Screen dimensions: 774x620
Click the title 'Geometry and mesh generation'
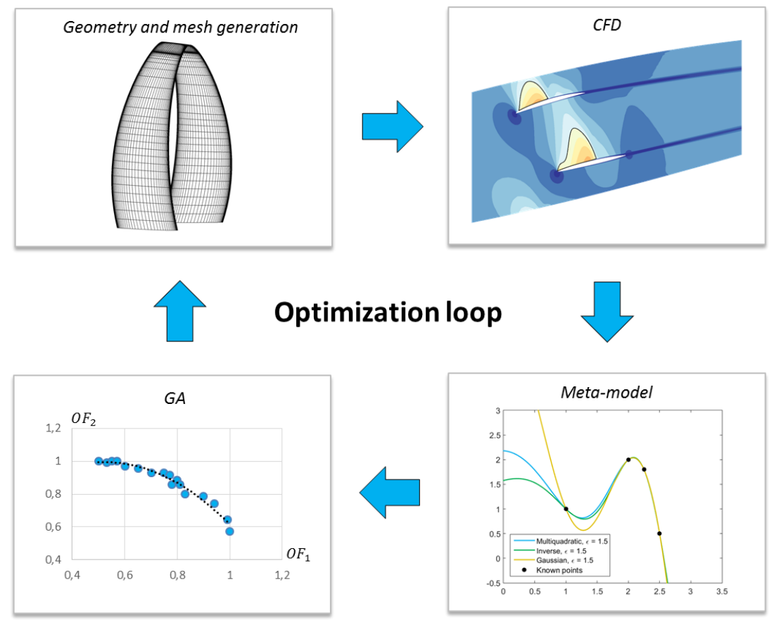(x=180, y=27)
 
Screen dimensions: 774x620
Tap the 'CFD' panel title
(x=607, y=25)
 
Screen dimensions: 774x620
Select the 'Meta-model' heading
(x=607, y=393)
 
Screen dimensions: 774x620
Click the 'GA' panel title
(x=175, y=398)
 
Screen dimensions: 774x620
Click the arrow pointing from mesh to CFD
(x=393, y=127)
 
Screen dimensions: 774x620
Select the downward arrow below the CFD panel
(x=607, y=312)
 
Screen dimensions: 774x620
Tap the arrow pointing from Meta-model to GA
(x=390, y=492)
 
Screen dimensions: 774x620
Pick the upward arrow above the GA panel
(x=179, y=311)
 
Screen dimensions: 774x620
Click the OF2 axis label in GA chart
(x=84, y=419)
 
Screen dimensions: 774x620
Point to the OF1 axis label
(x=298, y=555)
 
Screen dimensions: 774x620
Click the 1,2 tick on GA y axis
(x=53, y=428)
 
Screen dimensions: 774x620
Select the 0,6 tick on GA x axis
(x=125, y=575)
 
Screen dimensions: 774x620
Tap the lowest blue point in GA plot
(x=229, y=531)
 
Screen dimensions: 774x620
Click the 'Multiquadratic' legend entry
(x=559, y=541)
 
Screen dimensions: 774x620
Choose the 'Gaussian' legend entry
(x=552, y=560)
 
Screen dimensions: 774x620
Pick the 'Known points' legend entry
(x=553, y=570)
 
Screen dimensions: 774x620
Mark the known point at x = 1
(x=566, y=509)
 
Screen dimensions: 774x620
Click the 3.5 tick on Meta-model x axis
(x=722, y=591)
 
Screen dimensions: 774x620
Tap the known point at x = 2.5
(x=659, y=533)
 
